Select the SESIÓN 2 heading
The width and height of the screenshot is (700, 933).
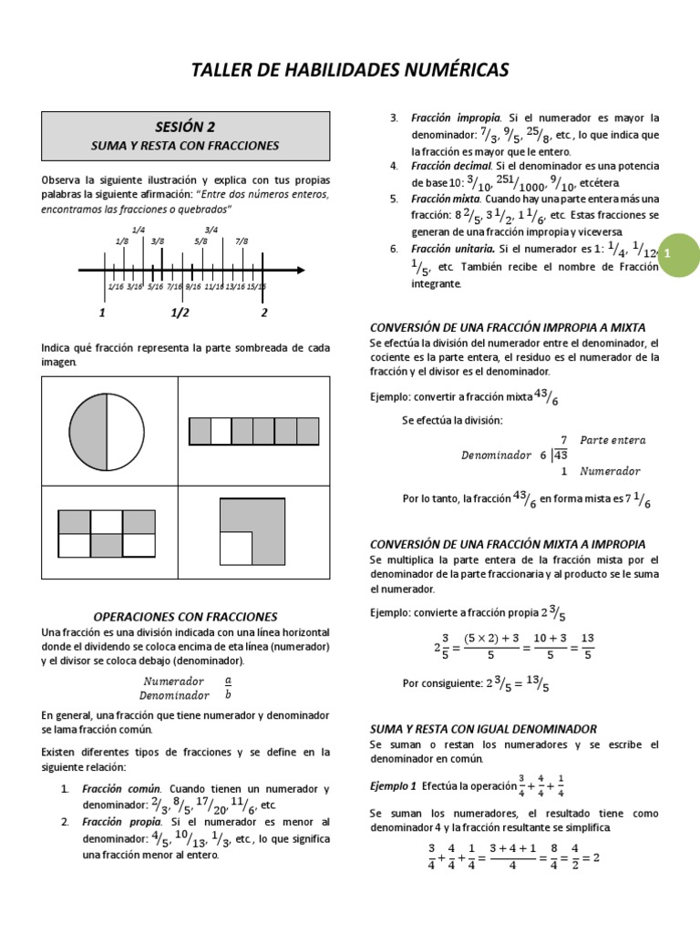(x=184, y=127)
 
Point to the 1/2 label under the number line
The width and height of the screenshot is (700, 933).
(x=180, y=313)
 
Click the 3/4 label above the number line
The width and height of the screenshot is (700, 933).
(x=211, y=230)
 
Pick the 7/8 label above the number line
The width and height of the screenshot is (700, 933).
(x=242, y=241)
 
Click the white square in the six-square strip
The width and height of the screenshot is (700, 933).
(x=221, y=431)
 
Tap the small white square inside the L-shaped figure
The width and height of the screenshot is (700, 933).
(x=236, y=548)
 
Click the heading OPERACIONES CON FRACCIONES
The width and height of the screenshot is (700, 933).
(x=185, y=617)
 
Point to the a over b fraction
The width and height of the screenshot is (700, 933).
(x=228, y=687)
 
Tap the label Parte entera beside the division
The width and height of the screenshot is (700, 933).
(x=612, y=440)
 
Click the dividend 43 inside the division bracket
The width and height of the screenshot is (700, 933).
(x=560, y=456)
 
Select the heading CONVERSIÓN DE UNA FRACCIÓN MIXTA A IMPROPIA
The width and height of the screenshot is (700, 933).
(x=508, y=543)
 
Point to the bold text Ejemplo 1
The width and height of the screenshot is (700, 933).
(x=392, y=785)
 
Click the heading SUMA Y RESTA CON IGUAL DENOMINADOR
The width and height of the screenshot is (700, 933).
(x=483, y=729)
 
